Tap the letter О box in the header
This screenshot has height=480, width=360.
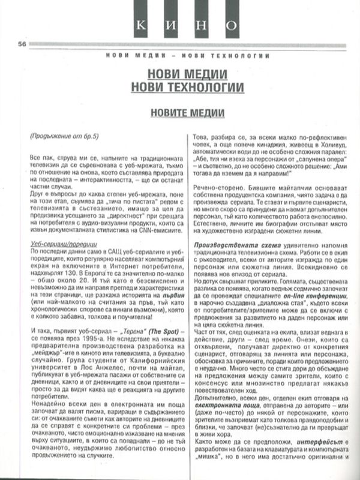click(x=231, y=25)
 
